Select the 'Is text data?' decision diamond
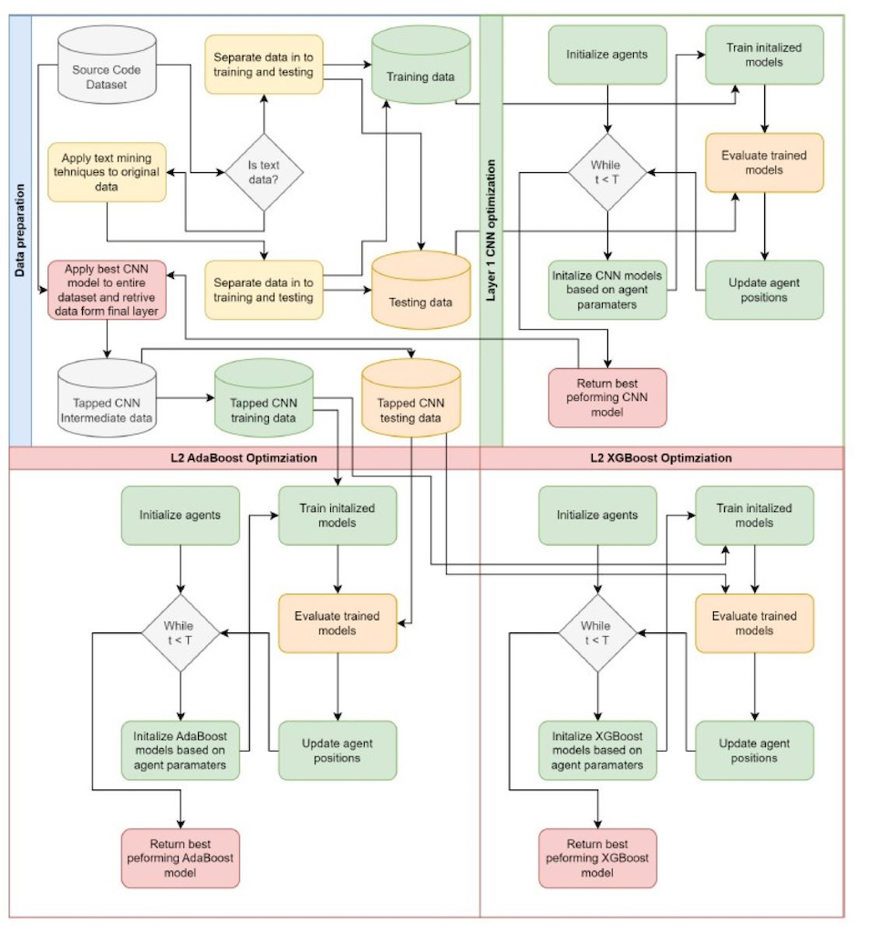[264, 171]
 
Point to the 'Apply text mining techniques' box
[108, 172]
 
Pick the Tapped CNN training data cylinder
[263, 404]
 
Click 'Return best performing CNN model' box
[607, 397]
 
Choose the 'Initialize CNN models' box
[607, 290]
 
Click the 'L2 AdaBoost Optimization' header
[244, 458]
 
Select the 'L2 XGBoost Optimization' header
[661, 458]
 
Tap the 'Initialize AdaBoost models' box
[181, 751]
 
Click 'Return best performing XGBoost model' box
[597, 858]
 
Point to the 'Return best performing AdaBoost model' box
[181, 858]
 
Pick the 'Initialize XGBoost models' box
[597, 751]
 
